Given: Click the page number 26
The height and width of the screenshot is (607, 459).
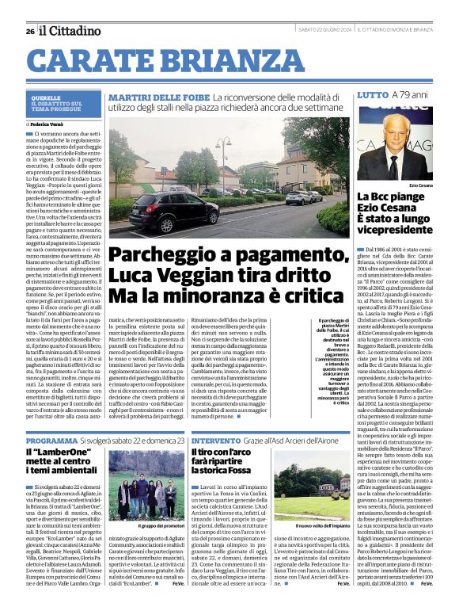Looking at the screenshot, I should (x=29, y=31).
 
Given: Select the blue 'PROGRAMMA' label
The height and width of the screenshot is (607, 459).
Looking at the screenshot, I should (x=51, y=440).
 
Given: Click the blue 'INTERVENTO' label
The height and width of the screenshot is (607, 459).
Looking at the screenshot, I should (x=218, y=440).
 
